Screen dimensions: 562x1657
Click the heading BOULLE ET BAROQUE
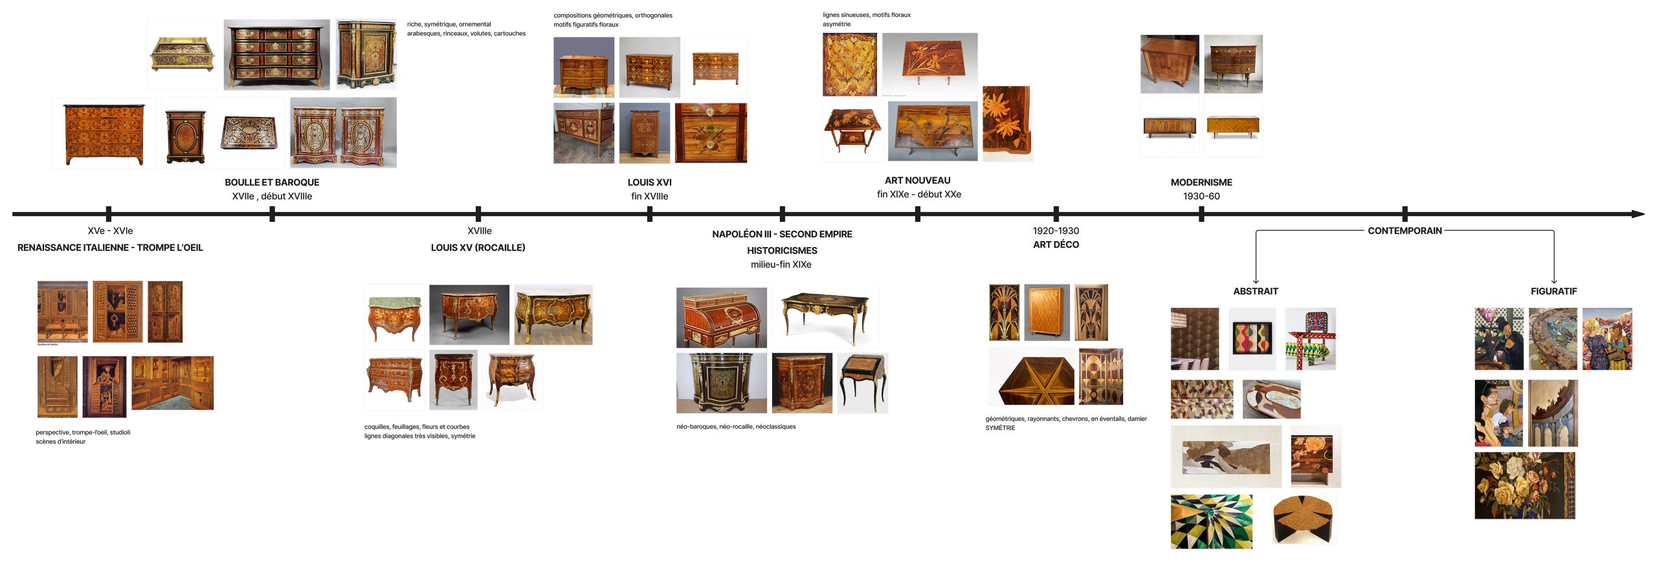pyautogui.click(x=272, y=182)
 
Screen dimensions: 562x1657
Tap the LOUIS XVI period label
pyautogui.click(x=649, y=182)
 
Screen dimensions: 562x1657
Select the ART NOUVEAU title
pyautogui.click(x=917, y=180)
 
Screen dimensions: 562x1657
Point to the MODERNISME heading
pyautogui.click(x=1201, y=182)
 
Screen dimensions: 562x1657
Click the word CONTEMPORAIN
pyautogui.click(x=1404, y=231)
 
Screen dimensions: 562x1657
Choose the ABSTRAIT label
pyautogui.click(x=1255, y=291)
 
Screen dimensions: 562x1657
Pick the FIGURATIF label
pyautogui.click(x=1553, y=291)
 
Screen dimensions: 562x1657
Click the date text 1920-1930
pyautogui.click(x=1055, y=231)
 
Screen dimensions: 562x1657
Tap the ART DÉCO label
pyautogui.click(x=1056, y=244)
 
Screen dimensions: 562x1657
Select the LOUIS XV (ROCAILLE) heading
pyautogui.click(x=478, y=248)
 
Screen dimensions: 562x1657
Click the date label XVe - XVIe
pyautogui.click(x=110, y=231)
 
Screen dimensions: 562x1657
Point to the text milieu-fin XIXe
pyautogui.click(x=781, y=265)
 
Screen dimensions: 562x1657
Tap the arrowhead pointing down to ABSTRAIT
pyautogui.click(x=1256, y=281)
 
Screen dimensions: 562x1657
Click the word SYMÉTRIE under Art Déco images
pyautogui.click(x=1000, y=428)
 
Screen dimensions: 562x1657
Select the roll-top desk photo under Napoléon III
pyautogui.click(x=721, y=318)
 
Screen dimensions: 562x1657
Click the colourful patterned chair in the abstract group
pyautogui.click(x=1310, y=339)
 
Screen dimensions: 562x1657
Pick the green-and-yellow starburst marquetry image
pyautogui.click(x=1211, y=521)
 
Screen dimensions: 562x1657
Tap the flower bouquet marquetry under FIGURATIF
pyautogui.click(x=1524, y=485)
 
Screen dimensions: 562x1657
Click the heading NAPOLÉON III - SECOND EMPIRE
pyautogui.click(x=781, y=234)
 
